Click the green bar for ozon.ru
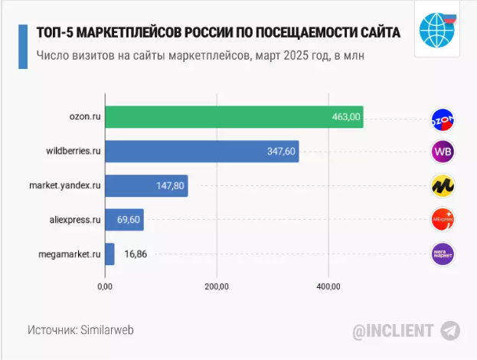point(234,117)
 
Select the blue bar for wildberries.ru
point(201,152)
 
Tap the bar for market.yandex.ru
point(145,185)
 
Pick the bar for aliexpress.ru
point(123,220)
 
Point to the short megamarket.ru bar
point(109,254)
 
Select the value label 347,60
point(281,152)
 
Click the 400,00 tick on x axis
point(328,286)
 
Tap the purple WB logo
point(443,152)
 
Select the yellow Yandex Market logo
point(443,186)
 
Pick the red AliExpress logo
point(443,220)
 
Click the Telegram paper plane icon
point(450,330)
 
